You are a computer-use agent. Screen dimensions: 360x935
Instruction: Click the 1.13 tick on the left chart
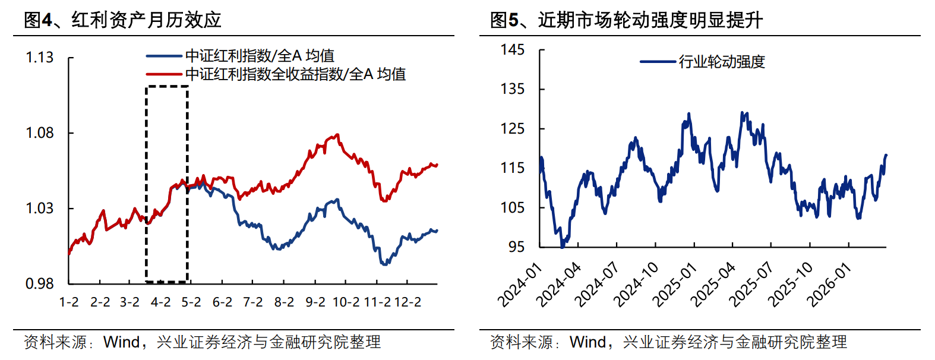click(39, 58)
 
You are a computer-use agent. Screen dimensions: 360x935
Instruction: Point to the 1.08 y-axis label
click(39, 132)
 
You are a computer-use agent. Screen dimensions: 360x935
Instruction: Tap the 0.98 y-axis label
click(39, 284)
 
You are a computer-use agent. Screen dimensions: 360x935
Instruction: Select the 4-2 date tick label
click(161, 302)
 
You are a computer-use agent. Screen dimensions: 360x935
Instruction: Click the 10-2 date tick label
click(346, 302)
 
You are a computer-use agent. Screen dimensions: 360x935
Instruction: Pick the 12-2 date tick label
click(408, 302)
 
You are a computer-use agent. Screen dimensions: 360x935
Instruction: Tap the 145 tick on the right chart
click(513, 50)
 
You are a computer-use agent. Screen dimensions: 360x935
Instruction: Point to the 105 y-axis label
click(513, 207)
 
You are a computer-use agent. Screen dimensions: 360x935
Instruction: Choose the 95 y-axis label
click(516, 247)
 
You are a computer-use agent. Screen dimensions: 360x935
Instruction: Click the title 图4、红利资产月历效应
click(122, 20)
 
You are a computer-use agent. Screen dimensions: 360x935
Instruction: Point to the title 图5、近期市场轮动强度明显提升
click(626, 20)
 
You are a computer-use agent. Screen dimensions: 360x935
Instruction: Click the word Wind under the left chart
click(121, 342)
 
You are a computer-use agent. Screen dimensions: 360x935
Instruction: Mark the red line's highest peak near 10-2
click(337, 135)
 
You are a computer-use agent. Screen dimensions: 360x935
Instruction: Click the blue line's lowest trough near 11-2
click(384, 264)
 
